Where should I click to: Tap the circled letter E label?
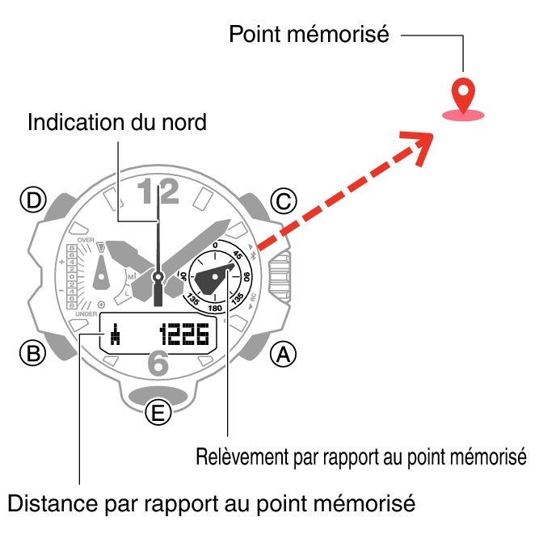coord(158,414)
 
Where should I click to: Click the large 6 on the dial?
coord(158,365)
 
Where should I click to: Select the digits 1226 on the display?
coord(184,334)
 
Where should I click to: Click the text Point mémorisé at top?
coord(310,35)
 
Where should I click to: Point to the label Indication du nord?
coord(117,123)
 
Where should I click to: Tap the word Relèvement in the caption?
coord(235,456)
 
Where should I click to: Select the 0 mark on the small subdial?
coord(215,244)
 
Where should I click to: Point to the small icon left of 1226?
coord(116,334)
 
